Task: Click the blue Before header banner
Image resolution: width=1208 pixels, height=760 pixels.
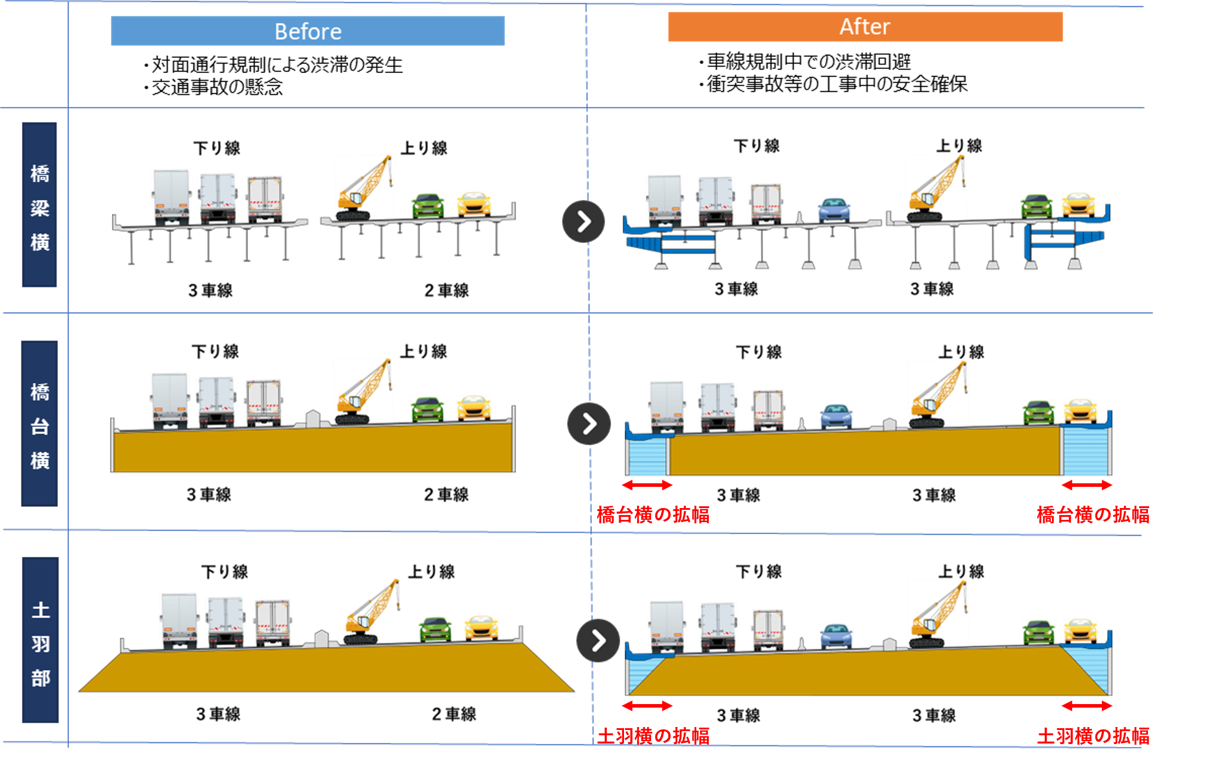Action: (307, 31)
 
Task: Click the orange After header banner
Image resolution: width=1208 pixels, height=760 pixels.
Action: (865, 27)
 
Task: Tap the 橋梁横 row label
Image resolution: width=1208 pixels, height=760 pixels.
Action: (39, 205)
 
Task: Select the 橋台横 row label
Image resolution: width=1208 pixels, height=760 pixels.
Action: (39, 423)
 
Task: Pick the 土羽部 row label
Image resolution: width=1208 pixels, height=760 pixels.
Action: (41, 640)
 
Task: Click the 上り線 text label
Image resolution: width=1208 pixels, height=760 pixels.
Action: (431, 572)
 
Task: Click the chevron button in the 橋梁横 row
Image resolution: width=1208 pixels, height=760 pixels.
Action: (583, 222)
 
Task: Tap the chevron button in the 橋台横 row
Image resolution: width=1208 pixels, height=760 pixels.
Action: (589, 424)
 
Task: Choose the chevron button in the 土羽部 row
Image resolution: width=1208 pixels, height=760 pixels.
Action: (598, 640)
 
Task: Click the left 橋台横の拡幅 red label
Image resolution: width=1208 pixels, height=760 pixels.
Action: (653, 515)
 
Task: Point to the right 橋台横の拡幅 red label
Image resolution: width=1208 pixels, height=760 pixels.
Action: (1093, 515)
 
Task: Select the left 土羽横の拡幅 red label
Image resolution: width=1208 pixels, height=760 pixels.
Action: (653, 736)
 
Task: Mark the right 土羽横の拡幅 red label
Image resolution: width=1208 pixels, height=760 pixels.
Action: (1093, 736)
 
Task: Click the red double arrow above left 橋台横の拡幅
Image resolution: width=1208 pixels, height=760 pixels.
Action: (647, 485)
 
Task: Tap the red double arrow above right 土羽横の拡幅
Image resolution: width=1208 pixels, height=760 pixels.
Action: (1087, 705)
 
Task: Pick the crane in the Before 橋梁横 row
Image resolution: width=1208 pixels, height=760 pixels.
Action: (364, 187)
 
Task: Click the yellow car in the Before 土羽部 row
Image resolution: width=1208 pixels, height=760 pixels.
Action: (482, 628)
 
